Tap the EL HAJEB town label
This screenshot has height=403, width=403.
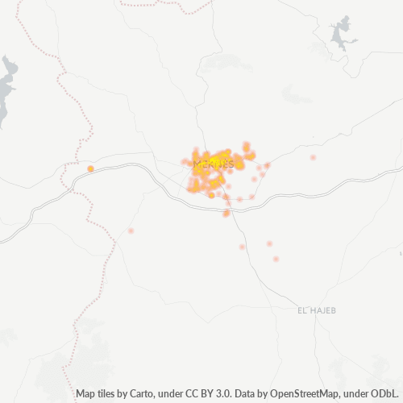pyautogui.click(x=315, y=310)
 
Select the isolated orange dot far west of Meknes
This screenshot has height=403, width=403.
pyautogui.click(x=90, y=168)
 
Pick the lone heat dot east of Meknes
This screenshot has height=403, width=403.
pyautogui.click(x=313, y=157)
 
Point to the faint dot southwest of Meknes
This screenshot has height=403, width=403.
pyautogui.click(x=131, y=231)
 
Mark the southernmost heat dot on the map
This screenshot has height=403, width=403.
pyautogui.click(x=276, y=259)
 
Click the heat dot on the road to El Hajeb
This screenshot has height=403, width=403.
pyautogui.click(x=242, y=247)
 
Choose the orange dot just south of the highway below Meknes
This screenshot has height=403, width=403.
pyautogui.click(x=226, y=214)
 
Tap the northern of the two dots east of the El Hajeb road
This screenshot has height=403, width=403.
pyautogui.click(x=269, y=243)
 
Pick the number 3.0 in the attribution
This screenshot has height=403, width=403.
pyautogui.click(x=210, y=394)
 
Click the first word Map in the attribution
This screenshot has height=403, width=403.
pyautogui.click(x=85, y=394)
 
